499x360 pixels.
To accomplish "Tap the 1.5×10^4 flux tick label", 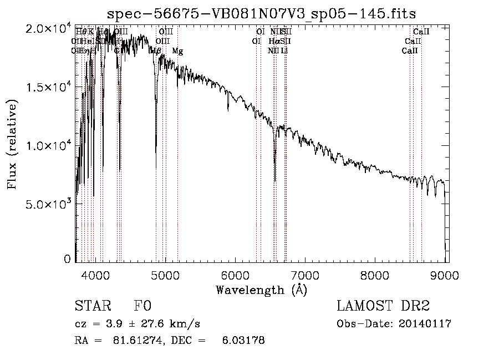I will [x=48, y=87].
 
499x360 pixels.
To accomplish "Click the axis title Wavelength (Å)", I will [x=262, y=290].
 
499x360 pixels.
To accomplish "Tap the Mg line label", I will [x=177, y=51].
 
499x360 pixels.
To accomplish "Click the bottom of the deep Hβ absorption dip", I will [x=156, y=151].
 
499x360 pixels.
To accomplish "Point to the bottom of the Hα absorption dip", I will [x=275, y=180].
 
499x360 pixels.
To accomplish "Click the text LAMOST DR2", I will [x=383, y=306].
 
